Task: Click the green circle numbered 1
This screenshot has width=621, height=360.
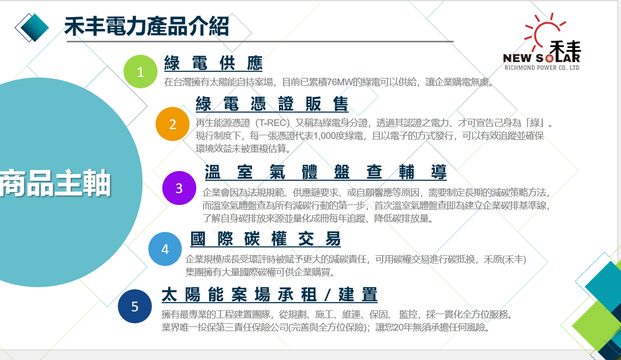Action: pyautogui.click(x=141, y=71)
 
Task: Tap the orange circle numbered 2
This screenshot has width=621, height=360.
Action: pyautogui.click(x=173, y=124)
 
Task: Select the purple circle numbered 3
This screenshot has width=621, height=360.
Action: pyautogui.click(x=179, y=188)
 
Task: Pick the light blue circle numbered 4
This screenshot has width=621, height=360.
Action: pyautogui.click(x=165, y=249)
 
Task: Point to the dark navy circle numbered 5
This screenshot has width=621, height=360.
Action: pyautogui.click(x=135, y=306)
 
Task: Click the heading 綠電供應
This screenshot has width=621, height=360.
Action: pyautogui.click(x=213, y=63)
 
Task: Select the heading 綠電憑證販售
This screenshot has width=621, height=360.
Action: pyautogui.click(x=272, y=104)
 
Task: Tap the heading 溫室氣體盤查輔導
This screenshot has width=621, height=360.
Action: pyautogui.click(x=326, y=172)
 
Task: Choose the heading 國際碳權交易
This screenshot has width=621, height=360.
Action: pyautogui.click(x=266, y=239)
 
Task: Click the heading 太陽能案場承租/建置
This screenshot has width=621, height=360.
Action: pyautogui.click(x=270, y=294)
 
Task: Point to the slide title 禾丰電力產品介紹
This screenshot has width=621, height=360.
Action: pyautogui.click(x=147, y=26)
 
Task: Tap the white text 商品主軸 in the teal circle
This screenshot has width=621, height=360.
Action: pyautogui.click(x=55, y=183)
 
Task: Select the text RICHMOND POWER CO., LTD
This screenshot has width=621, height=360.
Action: pyautogui.click(x=542, y=68)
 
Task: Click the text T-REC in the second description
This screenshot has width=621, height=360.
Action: pyautogui.click(x=274, y=123)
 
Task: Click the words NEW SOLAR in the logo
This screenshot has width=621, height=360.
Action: pyautogui.click(x=541, y=58)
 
